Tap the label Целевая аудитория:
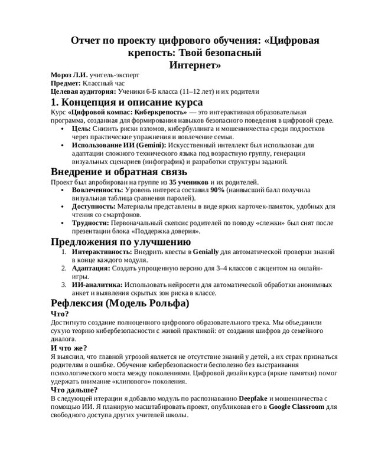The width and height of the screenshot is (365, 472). coord(83,92)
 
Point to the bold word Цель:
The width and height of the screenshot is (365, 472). coord(82,128)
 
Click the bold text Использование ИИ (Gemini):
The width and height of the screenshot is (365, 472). coord(119,145)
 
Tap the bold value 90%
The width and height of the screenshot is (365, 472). coord(217,191)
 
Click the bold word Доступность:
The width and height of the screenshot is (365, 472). coord(93,207)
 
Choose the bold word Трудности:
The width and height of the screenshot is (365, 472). coord(90,224)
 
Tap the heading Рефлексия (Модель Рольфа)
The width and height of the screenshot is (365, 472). coord(120,303)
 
